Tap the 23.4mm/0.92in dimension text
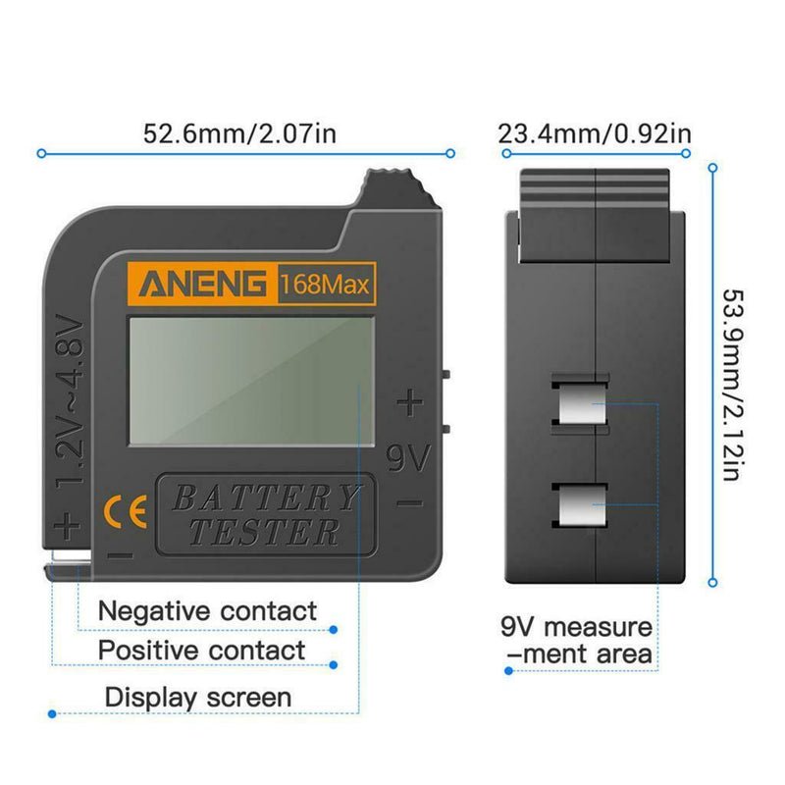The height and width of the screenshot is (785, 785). tap(595, 132)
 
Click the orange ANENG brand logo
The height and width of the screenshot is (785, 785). tap(203, 286)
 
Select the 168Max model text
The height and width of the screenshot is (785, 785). tap(324, 287)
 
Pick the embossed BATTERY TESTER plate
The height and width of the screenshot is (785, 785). tap(265, 514)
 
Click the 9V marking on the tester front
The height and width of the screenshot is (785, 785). tap(406, 457)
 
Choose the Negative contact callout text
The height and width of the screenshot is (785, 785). tap(207, 611)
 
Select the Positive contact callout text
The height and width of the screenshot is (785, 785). tap(201, 651)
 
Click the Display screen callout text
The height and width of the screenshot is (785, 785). tap(198, 698)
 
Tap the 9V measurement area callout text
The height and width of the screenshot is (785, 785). tap(576, 640)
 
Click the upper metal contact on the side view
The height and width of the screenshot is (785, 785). tap(580, 403)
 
